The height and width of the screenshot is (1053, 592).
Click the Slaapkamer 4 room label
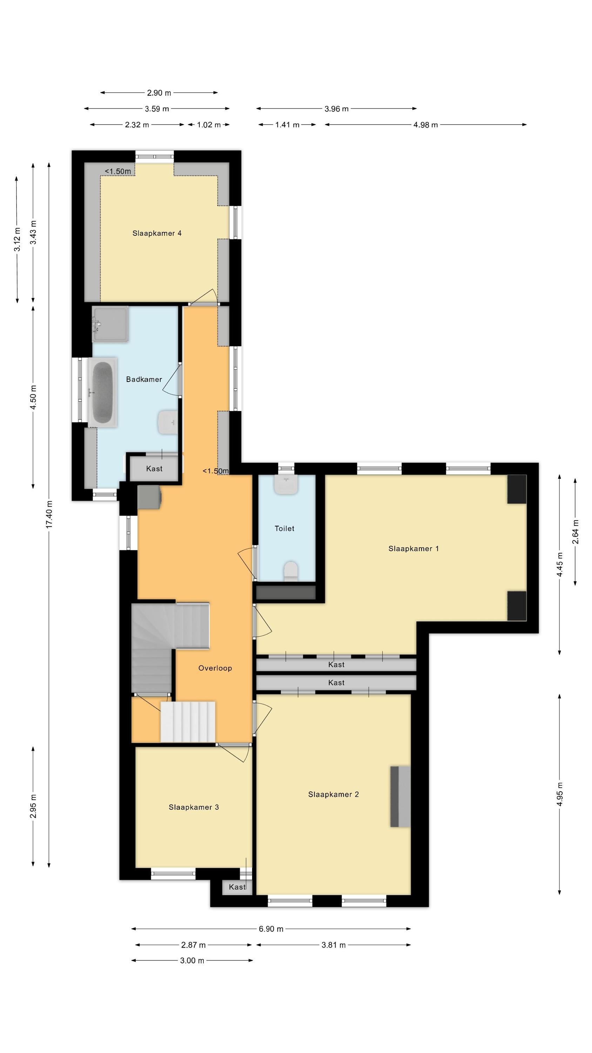(157, 233)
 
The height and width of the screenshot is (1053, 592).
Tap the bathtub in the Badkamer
(102, 393)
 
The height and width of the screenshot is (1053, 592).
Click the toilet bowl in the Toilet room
(291, 571)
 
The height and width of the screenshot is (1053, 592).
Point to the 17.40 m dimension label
(49, 514)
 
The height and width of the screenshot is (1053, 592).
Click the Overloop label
(215, 668)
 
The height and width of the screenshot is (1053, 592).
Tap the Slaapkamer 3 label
(194, 807)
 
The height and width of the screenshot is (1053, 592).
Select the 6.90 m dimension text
(271, 929)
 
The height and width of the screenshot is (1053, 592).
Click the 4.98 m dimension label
(425, 125)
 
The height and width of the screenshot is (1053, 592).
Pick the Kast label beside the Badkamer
(154, 469)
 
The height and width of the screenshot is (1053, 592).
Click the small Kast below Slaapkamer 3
(237, 887)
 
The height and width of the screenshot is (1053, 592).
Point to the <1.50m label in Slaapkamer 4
(118, 171)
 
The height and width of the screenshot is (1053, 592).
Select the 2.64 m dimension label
(575, 531)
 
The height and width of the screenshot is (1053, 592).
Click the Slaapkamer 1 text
(413, 549)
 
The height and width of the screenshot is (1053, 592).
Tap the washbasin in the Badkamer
(168, 423)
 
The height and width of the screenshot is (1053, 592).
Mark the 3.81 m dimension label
(334, 945)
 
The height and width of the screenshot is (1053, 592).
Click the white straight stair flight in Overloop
(188, 722)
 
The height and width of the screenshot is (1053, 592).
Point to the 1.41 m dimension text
(287, 125)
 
